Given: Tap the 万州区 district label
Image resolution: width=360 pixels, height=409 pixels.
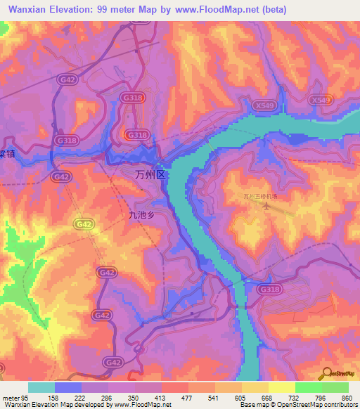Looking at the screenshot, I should (148, 174).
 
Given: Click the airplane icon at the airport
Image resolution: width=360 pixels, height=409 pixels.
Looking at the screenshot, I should (265, 206).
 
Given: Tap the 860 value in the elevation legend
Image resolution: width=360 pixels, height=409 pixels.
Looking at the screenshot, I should (347, 397).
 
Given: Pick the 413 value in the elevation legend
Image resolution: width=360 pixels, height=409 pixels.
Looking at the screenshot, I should (161, 397).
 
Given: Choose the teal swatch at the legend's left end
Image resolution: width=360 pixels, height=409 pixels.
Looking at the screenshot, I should (41, 387).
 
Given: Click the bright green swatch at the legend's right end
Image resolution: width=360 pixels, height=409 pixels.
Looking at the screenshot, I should (335, 387).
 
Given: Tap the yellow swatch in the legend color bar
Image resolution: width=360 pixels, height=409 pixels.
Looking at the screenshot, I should (282, 387).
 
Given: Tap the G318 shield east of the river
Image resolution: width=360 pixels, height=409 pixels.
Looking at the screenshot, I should (268, 289).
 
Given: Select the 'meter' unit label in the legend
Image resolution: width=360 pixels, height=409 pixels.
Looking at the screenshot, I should (10, 397).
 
